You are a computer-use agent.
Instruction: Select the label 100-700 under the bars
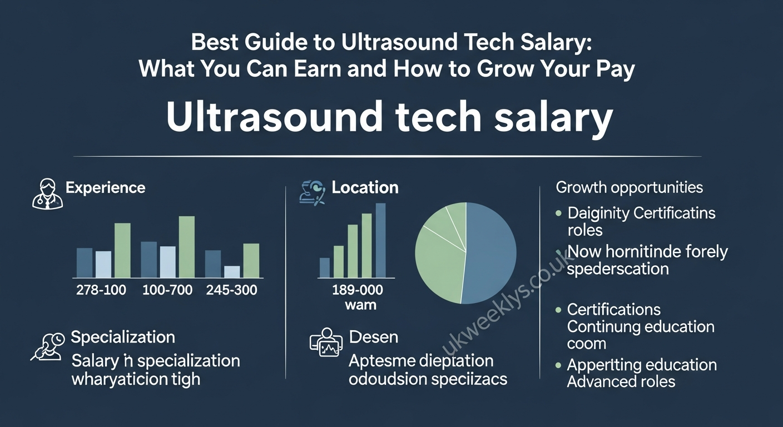(167, 290)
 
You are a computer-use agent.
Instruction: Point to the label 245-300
(231, 290)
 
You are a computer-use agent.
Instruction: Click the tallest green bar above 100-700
(187, 247)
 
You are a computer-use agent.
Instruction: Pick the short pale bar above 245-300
(232, 271)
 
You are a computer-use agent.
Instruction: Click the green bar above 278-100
(122, 250)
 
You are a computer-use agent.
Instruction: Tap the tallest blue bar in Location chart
(380, 240)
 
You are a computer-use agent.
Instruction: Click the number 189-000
(357, 290)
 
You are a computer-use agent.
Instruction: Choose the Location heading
(365, 188)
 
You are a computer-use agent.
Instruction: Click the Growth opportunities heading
(630, 187)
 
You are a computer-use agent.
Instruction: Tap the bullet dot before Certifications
(559, 310)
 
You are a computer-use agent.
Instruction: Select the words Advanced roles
(621, 382)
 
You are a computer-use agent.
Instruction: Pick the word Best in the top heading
(214, 43)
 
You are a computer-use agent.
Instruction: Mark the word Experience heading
(105, 188)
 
